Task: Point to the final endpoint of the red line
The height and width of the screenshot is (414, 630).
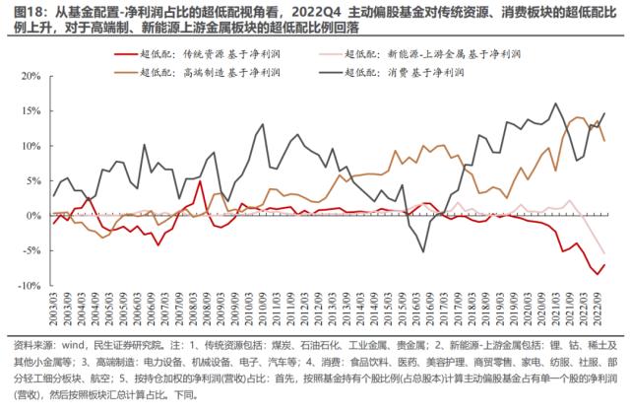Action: pos(603,264)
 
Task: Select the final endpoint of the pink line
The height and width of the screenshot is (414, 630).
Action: pos(603,253)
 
